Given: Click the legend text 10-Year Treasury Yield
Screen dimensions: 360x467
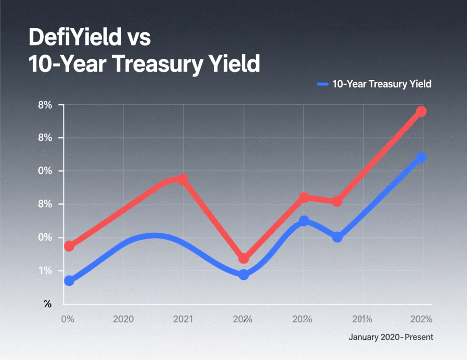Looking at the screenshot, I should (382, 84).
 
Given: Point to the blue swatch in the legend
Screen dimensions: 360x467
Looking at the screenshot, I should (322, 84).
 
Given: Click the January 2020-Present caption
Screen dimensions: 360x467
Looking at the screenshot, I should (391, 338).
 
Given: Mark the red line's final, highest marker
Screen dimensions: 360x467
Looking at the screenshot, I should (421, 111).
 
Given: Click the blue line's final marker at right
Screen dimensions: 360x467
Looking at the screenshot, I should (421, 157).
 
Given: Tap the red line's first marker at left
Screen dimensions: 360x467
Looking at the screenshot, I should (69, 246).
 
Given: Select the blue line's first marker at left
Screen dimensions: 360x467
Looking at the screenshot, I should (69, 281).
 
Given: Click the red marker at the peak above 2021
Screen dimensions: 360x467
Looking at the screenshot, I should (182, 179).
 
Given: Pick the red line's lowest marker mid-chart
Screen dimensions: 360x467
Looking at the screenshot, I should (244, 258).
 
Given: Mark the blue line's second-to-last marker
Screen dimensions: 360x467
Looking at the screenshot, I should (337, 237).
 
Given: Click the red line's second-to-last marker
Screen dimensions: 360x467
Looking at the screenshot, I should (337, 201).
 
